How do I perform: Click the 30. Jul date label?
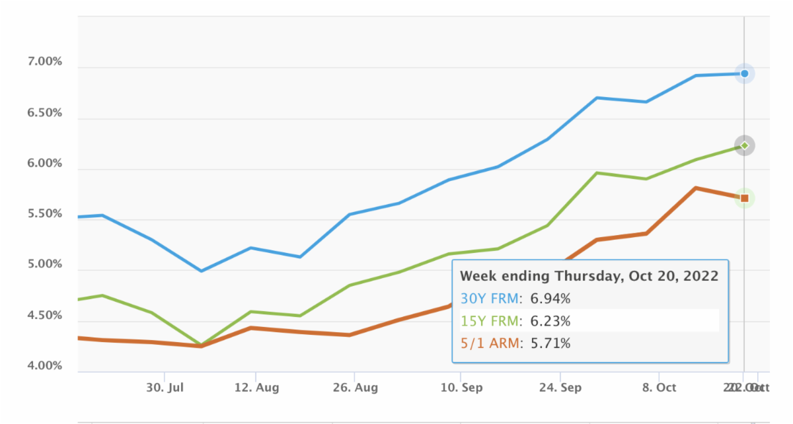pos(164,388)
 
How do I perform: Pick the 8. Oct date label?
pos(658,388)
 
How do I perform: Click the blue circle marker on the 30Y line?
pos(745,73)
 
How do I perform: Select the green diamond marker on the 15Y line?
pos(745,145)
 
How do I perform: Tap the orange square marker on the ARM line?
pos(745,198)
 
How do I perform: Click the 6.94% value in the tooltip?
pos(550,299)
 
